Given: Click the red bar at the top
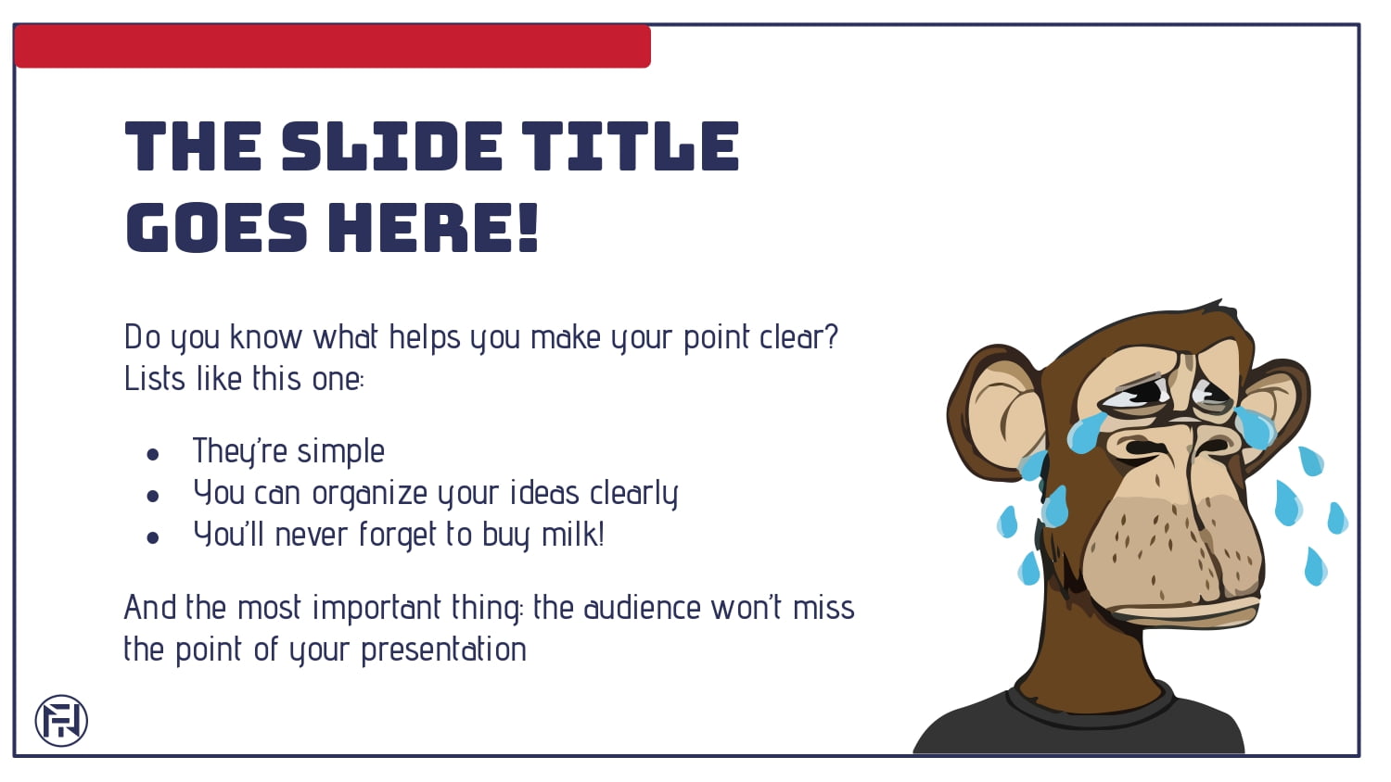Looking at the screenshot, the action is coord(332,46).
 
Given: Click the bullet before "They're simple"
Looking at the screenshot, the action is coord(153,454).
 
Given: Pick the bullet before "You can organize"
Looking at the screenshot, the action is coord(153,496).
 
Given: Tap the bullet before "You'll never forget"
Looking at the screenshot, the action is coord(153,537).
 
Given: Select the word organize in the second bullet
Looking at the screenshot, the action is coord(369,494).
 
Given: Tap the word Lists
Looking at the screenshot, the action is coord(155,378).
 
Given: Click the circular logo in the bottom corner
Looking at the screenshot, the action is coord(61,721).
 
